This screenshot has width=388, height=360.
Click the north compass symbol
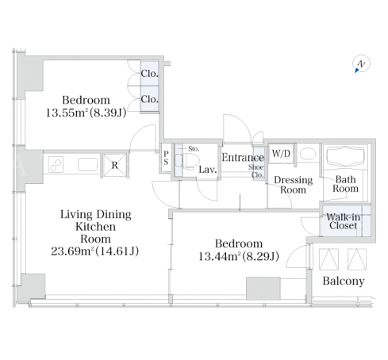tap(361, 64)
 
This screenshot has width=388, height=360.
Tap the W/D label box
tap(281, 153)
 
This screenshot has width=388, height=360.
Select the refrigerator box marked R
tap(115, 165)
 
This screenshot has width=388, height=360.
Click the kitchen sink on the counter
tap(87, 164)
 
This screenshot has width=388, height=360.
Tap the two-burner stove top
tap(56, 164)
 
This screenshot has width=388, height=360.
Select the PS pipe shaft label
tap(166, 158)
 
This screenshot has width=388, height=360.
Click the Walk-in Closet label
tap(343, 221)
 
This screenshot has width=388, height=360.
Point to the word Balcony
tap(344, 281)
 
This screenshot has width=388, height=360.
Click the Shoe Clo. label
tap(256, 171)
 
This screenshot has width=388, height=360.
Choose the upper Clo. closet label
tap(149, 74)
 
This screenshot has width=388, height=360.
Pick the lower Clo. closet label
tap(149, 99)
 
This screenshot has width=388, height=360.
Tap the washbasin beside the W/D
tap(308, 154)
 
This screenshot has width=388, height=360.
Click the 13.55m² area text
tap(67, 113)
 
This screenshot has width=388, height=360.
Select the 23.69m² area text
tap(73, 251)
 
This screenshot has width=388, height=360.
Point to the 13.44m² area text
tap(220, 256)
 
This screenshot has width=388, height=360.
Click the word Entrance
tap(243, 158)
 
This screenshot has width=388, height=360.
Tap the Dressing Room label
tap(293, 185)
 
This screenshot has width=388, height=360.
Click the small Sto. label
tap(194, 149)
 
